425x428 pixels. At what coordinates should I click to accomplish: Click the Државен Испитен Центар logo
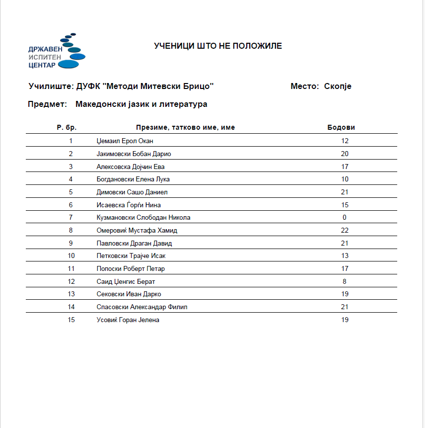point(57,51)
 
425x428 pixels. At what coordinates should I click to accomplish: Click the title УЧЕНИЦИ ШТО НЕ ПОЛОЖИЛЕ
point(218,46)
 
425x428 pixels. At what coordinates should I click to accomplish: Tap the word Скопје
point(338,86)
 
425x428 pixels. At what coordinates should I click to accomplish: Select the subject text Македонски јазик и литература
point(142,104)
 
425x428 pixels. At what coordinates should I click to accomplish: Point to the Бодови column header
point(341,128)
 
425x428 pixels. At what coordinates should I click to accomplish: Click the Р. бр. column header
point(67,128)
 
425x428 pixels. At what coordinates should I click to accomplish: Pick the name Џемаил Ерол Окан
point(125,141)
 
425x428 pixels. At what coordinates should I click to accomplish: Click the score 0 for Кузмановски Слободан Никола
point(345,218)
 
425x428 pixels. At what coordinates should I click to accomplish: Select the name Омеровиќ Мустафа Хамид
point(137,231)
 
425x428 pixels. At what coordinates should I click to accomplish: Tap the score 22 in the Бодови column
point(345,231)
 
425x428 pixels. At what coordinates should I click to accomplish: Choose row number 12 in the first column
point(71,282)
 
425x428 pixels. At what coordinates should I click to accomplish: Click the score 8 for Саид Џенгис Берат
point(345,282)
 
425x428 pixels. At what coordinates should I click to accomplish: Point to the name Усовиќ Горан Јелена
point(128,320)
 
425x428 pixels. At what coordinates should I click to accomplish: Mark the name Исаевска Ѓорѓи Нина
point(129,205)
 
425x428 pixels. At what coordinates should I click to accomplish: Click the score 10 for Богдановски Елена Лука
point(345,179)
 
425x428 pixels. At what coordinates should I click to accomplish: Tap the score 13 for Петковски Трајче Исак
point(345,256)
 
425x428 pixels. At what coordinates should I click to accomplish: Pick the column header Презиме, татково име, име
point(185,128)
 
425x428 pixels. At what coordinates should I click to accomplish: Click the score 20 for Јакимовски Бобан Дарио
point(345,154)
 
